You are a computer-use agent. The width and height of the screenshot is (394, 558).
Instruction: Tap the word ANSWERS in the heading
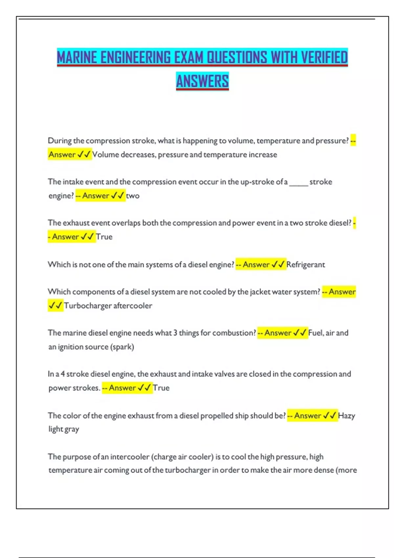(x=202, y=81)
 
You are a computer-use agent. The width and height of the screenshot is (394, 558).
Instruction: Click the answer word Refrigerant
(x=305, y=265)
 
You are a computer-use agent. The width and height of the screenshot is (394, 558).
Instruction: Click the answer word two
(x=133, y=196)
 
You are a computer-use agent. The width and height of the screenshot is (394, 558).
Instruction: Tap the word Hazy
(x=346, y=416)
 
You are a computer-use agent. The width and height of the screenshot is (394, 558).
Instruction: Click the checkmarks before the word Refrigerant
(x=278, y=265)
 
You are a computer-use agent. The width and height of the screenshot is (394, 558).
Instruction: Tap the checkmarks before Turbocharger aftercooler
(x=55, y=306)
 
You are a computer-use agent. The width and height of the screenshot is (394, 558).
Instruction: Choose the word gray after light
(x=72, y=429)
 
